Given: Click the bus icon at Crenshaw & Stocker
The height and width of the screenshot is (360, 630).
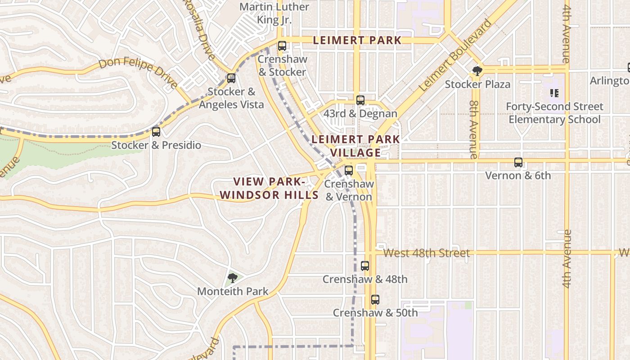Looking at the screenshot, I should [282, 46].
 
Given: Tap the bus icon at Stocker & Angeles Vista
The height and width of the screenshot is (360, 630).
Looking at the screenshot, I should [231, 78].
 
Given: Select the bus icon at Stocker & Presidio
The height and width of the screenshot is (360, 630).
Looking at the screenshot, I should [156, 132].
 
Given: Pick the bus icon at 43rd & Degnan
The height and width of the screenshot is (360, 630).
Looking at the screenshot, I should [360, 100].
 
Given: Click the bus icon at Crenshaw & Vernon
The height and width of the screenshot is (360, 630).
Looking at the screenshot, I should [349, 171].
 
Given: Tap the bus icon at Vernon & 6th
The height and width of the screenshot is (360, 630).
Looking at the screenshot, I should [518, 162].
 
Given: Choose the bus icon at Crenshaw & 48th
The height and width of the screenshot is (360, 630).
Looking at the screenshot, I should [365, 265].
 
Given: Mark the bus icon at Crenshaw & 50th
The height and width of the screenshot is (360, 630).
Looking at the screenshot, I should [375, 299].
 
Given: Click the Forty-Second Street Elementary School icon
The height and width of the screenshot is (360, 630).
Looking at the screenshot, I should [554, 93].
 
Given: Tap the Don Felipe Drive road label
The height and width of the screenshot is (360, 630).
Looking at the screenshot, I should [138, 72].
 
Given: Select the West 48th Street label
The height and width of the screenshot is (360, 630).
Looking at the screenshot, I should [426, 253].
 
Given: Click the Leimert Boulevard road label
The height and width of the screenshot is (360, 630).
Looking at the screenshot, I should [455, 55].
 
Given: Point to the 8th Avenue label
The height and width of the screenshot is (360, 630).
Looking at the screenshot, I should [473, 129].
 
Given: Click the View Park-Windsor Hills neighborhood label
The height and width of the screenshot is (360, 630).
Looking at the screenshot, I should [269, 188].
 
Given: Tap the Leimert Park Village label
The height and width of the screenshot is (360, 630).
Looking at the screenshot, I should [355, 146].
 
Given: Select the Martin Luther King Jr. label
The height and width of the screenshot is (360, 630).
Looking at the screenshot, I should [274, 13].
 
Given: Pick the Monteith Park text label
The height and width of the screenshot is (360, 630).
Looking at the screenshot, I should [233, 292].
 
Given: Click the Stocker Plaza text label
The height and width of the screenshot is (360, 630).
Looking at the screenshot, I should [477, 84].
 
